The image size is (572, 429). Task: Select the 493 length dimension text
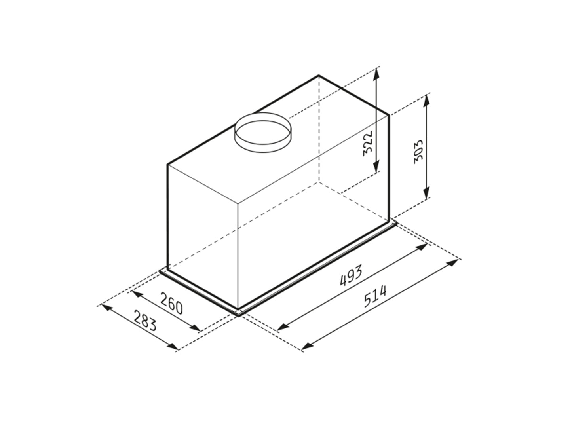point(351,275)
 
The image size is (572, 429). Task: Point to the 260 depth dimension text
point(172,303)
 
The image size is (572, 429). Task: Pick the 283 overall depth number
point(145,321)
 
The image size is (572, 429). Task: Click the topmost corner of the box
point(319,75)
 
